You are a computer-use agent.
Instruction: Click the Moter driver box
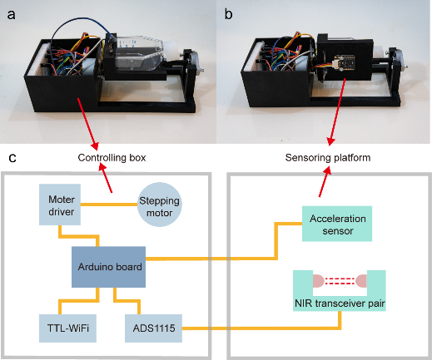coord(60,205)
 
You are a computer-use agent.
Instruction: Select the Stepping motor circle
coord(160,205)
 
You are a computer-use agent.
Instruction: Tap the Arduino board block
coord(108,267)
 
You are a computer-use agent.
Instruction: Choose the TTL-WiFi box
coord(67,328)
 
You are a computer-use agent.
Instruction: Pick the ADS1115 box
coord(153,328)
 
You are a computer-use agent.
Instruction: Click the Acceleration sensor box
coord(337,224)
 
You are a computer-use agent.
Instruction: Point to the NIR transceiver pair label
coord(340,303)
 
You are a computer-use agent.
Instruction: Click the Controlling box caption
coord(112,157)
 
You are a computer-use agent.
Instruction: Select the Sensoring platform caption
coord(328,157)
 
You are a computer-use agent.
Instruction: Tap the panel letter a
coord(11,15)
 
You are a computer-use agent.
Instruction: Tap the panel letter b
coord(228,14)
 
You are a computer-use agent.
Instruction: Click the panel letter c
coord(12,158)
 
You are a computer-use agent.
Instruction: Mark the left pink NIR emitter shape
coord(319,281)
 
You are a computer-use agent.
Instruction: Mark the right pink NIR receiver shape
coord(361,281)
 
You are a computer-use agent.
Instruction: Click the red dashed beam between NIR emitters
coord(340,281)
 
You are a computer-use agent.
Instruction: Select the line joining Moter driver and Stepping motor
coord(109,205)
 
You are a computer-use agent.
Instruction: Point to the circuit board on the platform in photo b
coord(344,63)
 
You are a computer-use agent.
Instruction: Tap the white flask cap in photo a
coord(172,50)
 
